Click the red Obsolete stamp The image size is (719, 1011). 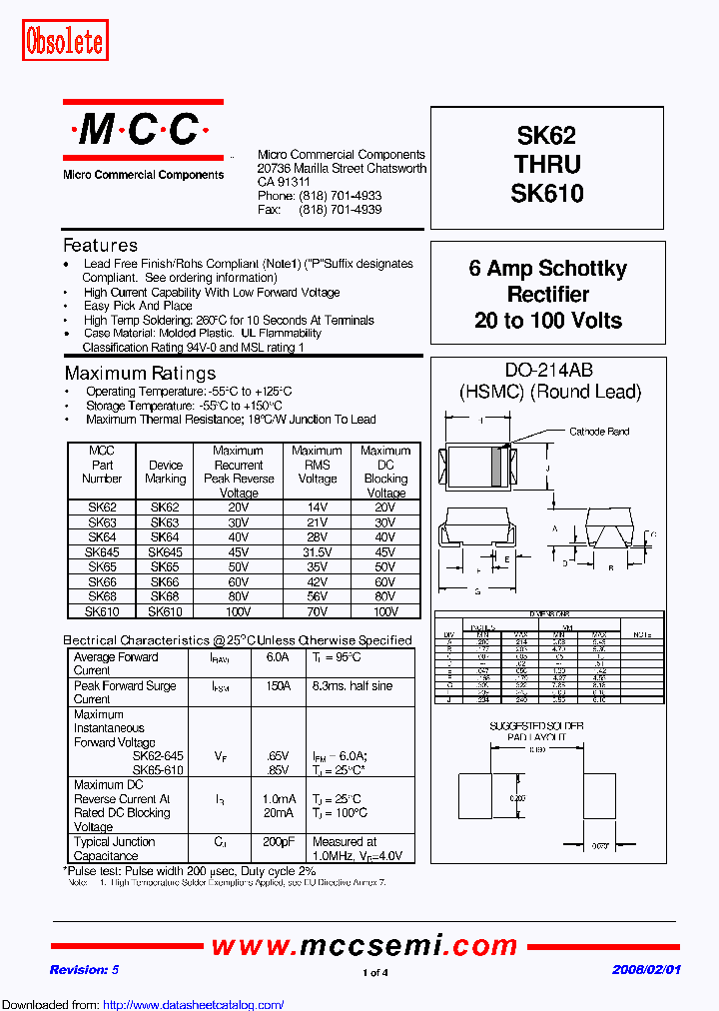click(64, 41)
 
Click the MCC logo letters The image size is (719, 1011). click(142, 129)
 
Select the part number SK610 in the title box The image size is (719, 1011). click(546, 193)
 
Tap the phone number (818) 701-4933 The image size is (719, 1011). click(340, 197)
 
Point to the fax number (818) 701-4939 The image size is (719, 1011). click(340, 210)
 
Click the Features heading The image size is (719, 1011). click(100, 246)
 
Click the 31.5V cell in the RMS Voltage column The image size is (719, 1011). click(317, 550)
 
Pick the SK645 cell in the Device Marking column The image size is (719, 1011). click(166, 550)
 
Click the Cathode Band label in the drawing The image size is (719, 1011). click(599, 432)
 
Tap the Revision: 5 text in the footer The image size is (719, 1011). click(84, 970)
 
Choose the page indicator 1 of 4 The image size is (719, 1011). click(374, 972)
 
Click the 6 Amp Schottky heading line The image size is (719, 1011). click(547, 269)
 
